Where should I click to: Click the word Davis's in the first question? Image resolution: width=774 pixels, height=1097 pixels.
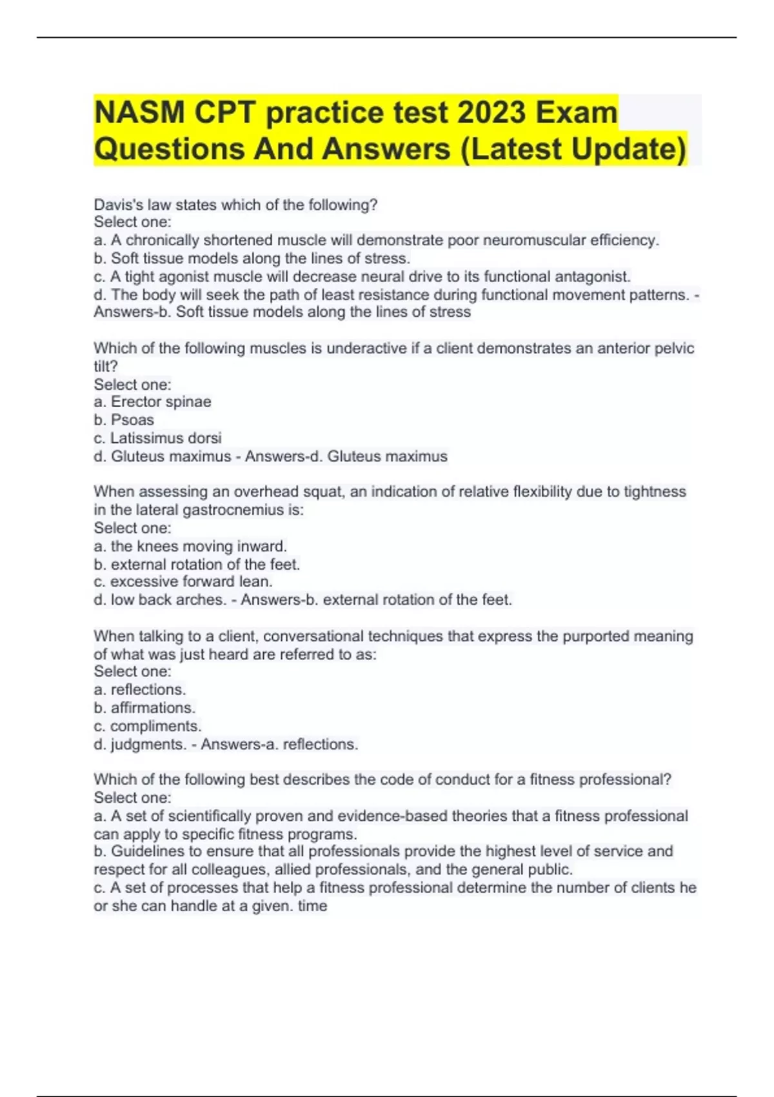119,205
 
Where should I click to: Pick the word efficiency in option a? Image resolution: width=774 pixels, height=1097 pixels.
624,240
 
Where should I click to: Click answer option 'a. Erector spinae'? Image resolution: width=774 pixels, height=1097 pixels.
153,401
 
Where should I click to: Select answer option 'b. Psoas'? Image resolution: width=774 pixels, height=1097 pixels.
124,419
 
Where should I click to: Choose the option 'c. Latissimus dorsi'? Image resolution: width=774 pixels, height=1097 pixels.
158,438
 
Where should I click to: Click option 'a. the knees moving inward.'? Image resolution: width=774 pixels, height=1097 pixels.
190,546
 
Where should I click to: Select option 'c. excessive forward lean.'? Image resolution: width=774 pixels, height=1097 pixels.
183,581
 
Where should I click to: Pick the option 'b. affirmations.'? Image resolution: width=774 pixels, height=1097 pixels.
144,707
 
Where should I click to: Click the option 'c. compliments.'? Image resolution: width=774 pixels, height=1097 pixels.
148,726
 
